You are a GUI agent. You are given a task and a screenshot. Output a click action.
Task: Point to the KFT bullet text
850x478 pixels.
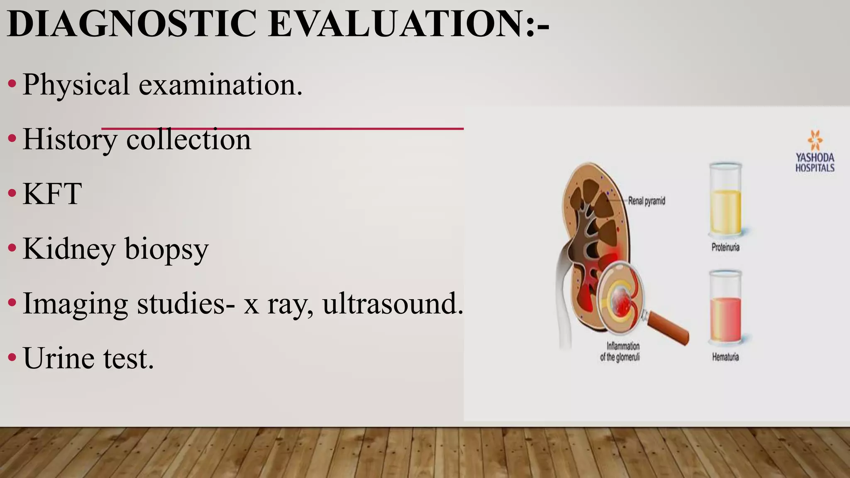[52, 194]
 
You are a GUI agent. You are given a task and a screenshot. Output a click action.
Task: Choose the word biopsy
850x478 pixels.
[166, 249]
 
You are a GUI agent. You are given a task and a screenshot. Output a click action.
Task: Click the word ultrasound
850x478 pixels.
[393, 303]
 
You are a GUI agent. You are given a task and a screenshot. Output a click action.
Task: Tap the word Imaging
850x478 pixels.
[75, 304]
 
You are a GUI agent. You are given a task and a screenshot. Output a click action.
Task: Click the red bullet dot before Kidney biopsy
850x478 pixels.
[12, 248]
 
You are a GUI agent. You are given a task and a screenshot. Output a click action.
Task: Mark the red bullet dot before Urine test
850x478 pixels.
[12, 357]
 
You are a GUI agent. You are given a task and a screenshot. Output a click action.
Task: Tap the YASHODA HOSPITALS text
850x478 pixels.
[815, 163]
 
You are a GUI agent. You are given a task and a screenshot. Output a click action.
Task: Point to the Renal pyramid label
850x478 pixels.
[646, 201]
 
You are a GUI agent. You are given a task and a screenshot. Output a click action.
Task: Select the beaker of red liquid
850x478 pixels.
[725, 309]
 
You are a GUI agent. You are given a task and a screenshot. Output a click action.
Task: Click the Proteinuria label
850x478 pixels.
[725, 248]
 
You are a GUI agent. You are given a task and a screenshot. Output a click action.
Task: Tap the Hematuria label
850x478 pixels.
[725, 357]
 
